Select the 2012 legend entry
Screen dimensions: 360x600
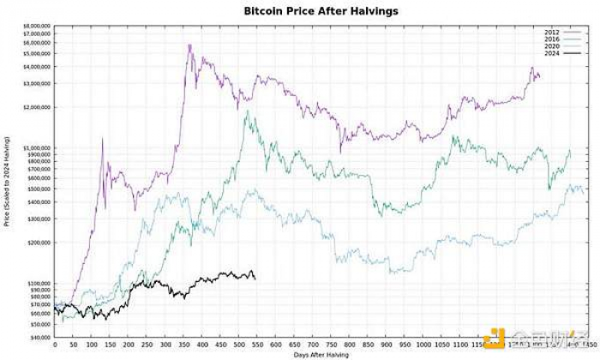[552, 33]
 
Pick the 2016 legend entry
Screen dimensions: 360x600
[552, 39]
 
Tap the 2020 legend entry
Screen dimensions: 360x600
[552, 46]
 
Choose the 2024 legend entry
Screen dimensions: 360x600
[552, 53]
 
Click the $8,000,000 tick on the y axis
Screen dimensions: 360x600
[37, 26]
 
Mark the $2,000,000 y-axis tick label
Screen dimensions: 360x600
[37, 107]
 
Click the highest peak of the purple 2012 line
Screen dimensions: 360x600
[189, 45]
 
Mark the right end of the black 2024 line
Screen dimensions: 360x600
[255, 277]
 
